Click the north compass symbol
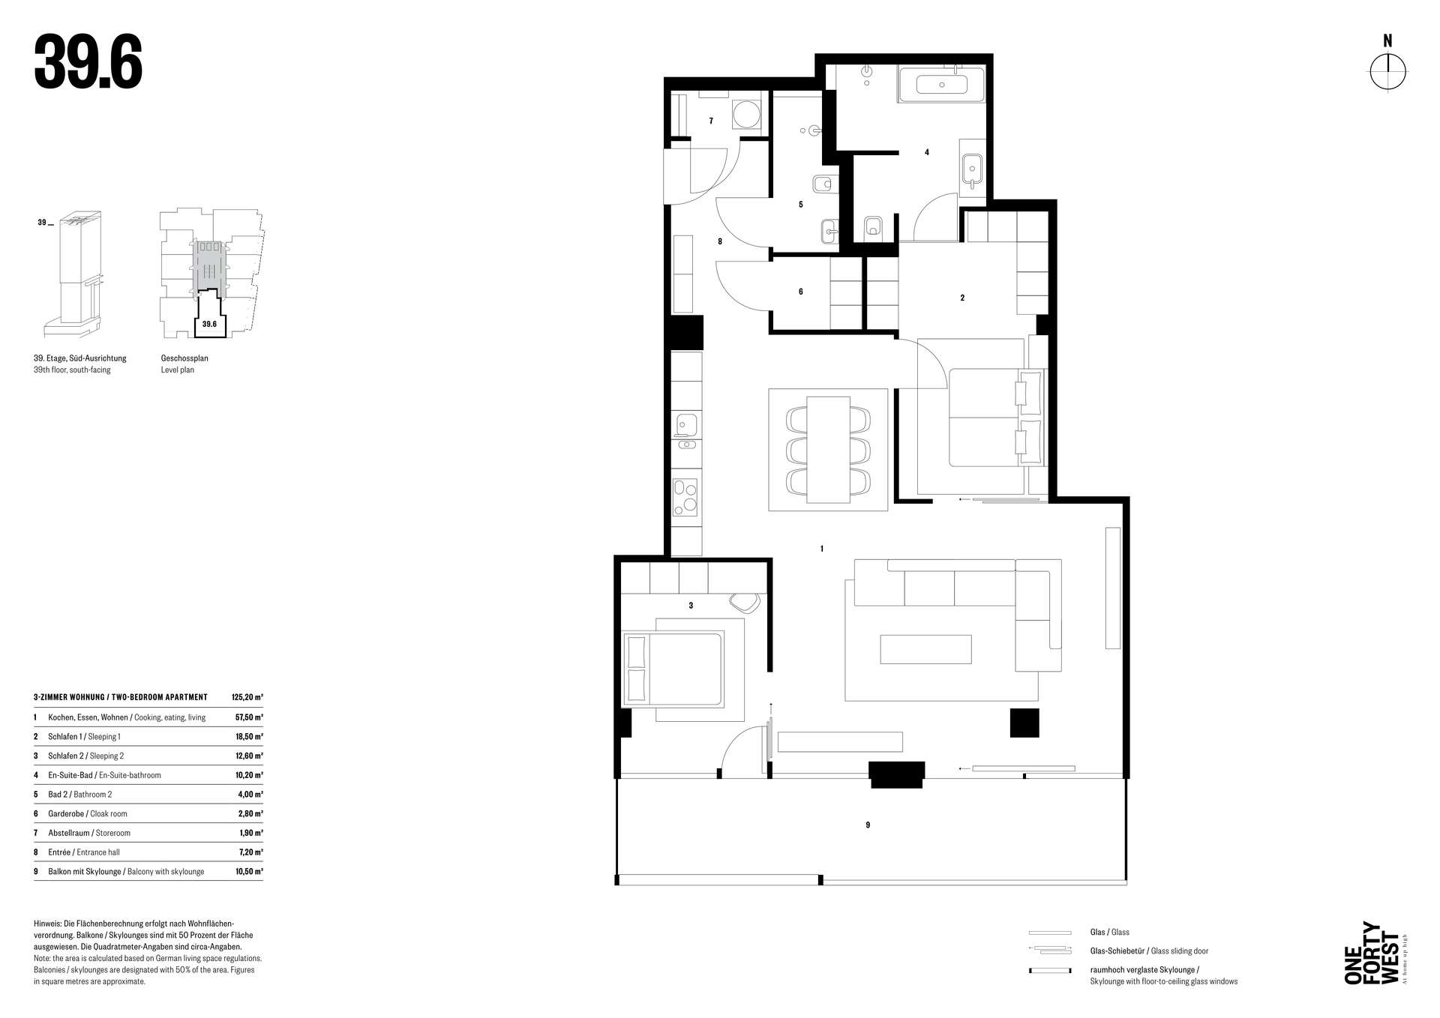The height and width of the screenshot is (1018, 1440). click(1387, 73)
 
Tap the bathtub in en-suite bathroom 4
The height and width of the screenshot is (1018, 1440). click(941, 85)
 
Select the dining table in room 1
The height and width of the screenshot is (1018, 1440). click(828, 449)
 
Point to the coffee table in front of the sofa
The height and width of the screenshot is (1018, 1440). click(925, 649)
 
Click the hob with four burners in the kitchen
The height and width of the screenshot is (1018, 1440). click(685, 498)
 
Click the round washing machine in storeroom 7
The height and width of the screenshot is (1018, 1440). click(746, 115)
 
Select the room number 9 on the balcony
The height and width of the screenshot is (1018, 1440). click(868, 825)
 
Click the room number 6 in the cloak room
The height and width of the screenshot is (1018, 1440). click(801, 292)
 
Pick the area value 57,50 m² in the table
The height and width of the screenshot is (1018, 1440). click(249, 717)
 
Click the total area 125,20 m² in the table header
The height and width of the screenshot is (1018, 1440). click(247, 697)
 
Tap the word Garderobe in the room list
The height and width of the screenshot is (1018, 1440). click(66, 814)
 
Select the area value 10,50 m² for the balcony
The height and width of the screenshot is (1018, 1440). click(249, 872)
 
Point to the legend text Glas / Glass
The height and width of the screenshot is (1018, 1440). click(1110, 933)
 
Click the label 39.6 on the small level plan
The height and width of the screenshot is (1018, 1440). click(209, 324)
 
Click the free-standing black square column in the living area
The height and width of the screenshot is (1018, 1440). click(1024, 723)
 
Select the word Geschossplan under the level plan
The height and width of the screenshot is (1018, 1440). click(184, 358)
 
